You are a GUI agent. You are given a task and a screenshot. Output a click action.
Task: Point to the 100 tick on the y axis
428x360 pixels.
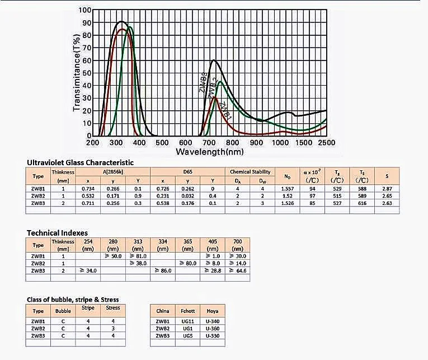(x=84, y=10)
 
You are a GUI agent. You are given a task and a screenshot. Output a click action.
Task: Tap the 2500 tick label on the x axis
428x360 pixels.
(x=326, y=143)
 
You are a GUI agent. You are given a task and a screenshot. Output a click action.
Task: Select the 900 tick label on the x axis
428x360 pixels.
(x=256, y=143)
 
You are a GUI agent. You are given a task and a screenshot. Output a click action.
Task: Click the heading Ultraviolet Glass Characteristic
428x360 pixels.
(x=80, y=162)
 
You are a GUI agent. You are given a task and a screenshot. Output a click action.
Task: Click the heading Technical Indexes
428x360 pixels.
(x=57, y=232)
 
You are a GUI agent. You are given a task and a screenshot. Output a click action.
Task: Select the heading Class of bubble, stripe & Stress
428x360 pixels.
(x=73, y=300)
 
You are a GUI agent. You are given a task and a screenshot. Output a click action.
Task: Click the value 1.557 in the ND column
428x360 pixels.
(x=287, y=189)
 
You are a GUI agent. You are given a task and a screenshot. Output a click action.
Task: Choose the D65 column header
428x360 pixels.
(x=188, y=172)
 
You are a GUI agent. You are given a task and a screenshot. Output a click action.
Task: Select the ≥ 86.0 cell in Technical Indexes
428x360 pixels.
(x=163, y=270)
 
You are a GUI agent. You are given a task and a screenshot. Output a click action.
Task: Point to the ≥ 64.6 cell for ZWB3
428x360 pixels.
(x=238, y=270)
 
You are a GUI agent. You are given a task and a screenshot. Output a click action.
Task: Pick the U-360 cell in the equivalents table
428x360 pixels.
(x=213, y=329)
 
